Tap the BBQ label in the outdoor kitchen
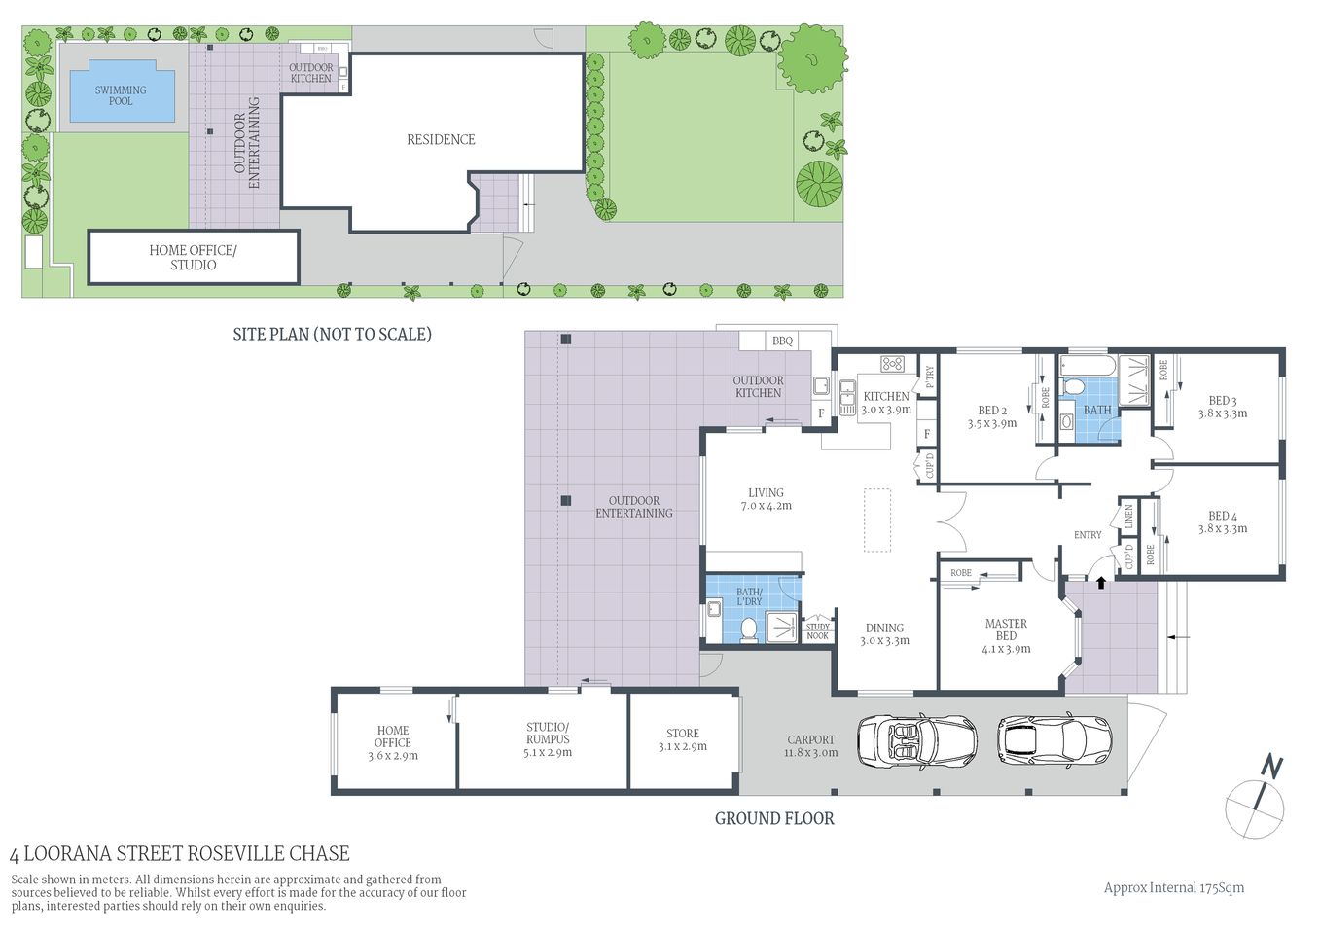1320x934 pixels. (x=782, y=341)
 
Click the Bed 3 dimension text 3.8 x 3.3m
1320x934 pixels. (x=1222, y=413)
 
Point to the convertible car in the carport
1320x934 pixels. (x=916, y=741)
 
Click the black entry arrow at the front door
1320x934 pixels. (x=1100, y=582)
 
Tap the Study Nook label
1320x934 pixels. (x=817, y=630)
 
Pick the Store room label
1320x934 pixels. (x=682, y=734)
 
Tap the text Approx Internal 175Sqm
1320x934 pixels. (x=1173, y=887)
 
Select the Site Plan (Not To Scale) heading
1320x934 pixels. (x=332, y=335)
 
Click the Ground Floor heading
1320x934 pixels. (x=774, y=818)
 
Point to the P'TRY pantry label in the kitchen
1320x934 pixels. (x=929, y=377)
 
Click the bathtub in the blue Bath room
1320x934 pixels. (x=1086, y=367)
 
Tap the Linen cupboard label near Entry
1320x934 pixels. (x=1128, y=517)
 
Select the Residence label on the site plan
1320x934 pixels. (x=441, y=140)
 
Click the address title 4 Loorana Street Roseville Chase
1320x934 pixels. (x=179, y=854)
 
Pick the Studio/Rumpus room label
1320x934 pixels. (x=548, y=739)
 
